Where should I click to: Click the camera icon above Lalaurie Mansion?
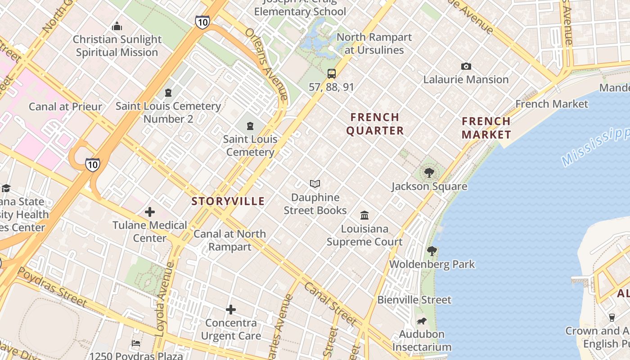click(x=466, y=67)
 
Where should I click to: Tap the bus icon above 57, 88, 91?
click(x=332, y=74)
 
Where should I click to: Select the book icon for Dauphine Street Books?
click(x=315, y=184)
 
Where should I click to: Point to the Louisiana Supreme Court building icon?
click(x=364, y=216)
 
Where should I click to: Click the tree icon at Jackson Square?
click(x=429, y=173)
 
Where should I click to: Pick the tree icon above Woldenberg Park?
click(x=432, y=251)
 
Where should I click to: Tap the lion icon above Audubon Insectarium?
click(x=422, y=321)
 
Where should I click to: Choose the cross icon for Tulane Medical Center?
click(x=150, y=212)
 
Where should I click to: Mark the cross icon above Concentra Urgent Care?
click(x=231, y=310)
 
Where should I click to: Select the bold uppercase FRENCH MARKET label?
click(x=486, y=128)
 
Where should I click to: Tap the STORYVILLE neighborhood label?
click(x=228, y=201)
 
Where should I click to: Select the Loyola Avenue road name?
click(x=164, y=299)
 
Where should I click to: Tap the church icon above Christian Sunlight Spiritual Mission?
click(x=117, y=27)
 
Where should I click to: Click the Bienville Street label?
click(x=414, y=300)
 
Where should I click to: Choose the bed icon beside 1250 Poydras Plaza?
click(x=136, y=343)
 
